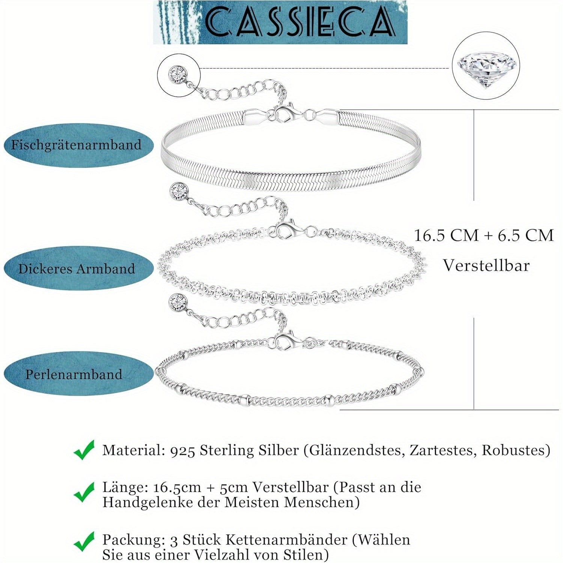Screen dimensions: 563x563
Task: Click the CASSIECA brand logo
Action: click(280, 22)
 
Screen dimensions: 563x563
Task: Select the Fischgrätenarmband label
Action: click(76, 145)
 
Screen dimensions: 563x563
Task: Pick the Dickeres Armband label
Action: click(77, 268)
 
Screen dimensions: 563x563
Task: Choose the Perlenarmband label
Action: click(74, 374)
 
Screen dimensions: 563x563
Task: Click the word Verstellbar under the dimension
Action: click(486, 265)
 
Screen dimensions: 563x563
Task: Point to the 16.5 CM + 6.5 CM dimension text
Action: click(484, 235)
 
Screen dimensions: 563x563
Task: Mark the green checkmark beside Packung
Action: click(84, 542)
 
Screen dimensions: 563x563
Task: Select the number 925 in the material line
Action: click(182, 450)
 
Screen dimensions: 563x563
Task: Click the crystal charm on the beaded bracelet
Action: click(178, 301)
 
